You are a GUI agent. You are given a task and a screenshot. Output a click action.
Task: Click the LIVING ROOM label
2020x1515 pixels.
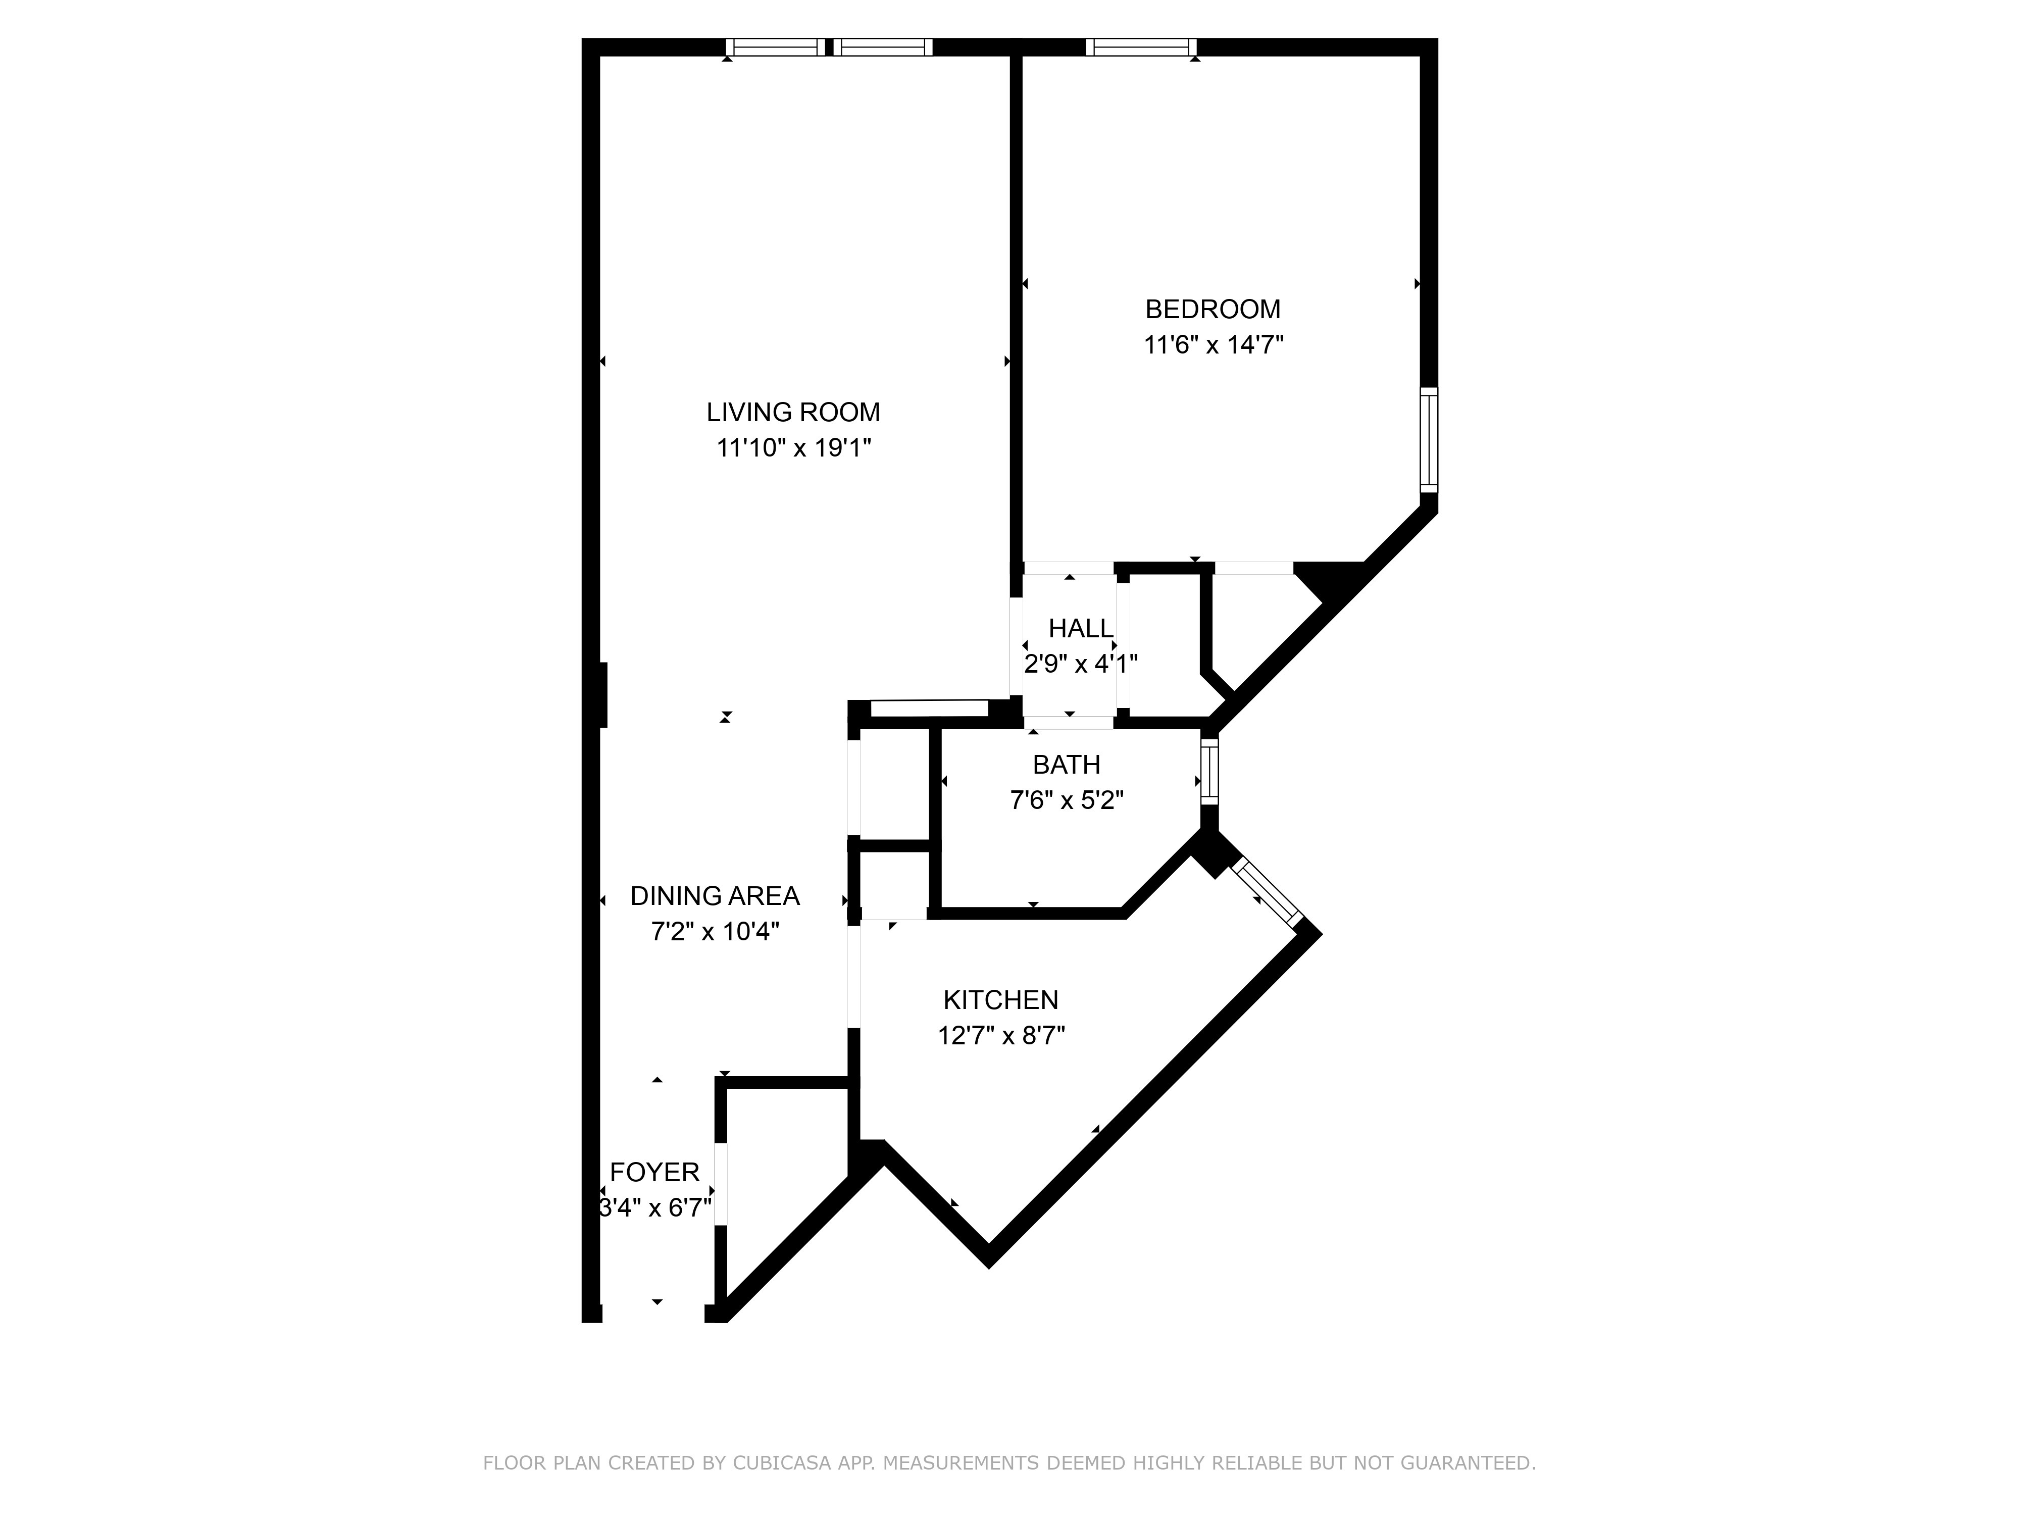coord(793,413)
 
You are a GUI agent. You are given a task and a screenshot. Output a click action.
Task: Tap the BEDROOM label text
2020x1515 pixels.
coord(1213,310)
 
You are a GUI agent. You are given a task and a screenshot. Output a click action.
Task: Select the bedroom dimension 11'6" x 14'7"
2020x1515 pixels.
coord(1214,345)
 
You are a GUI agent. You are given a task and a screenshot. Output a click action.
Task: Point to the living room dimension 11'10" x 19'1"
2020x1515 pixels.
coord(793,448)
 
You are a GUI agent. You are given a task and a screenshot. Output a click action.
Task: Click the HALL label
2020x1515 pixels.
coord(1080,628)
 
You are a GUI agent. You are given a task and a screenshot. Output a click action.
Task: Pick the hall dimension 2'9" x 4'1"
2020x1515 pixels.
coord(1080,664)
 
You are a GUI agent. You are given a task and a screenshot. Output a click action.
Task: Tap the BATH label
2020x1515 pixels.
coord(1066,765)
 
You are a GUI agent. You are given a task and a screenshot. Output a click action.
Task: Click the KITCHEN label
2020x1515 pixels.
coord(1001,1000)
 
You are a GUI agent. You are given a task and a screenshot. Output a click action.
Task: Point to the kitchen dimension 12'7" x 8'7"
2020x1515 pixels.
coord(1001,1036)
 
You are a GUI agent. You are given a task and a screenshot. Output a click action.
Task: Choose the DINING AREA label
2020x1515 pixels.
coord(715,896)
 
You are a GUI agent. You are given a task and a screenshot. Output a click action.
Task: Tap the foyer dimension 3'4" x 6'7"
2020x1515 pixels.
coord(655,1208)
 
